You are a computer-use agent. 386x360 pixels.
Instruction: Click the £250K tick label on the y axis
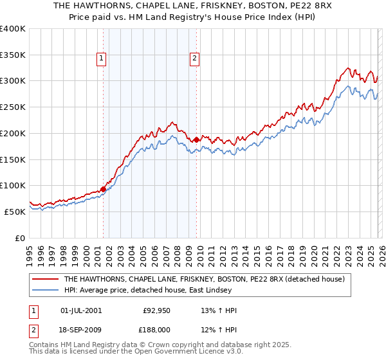[13, 107]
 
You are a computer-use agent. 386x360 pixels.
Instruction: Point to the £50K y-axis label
[15, 212]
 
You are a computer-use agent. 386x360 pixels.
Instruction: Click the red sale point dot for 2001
[103, 190]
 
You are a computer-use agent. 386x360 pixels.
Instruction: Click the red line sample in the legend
[46, 279]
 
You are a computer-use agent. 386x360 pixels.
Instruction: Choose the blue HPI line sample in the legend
[46, 291]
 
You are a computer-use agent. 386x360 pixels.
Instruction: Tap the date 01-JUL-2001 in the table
[80, 310]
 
